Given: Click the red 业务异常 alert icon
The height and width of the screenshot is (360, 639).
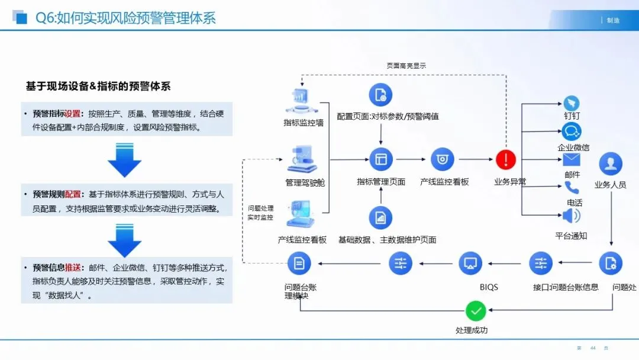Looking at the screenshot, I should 506,159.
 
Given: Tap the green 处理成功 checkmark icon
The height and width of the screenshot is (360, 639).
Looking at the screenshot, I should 476,310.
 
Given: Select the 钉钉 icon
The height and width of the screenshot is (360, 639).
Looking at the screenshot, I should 571,102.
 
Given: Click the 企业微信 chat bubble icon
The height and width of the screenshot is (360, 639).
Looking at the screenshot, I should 572,131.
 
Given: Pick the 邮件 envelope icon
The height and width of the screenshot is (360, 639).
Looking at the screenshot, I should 571,160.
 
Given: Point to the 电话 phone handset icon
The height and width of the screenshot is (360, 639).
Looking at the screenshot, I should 572,188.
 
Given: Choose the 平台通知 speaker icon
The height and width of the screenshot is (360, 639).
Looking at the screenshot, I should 571,216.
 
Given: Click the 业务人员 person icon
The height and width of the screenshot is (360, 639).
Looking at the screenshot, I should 610,164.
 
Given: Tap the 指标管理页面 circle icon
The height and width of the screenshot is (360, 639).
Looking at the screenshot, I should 380,159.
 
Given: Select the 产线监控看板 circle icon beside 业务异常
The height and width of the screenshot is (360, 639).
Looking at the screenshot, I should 442,159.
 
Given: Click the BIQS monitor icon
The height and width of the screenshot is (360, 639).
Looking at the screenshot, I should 470,263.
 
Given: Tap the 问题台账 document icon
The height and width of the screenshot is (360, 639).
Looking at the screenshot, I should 299,263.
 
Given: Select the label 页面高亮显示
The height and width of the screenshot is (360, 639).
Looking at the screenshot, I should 406,66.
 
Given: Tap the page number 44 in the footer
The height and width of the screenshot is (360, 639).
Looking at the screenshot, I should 593,348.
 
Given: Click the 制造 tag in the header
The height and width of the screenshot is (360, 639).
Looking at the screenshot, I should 613,20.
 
